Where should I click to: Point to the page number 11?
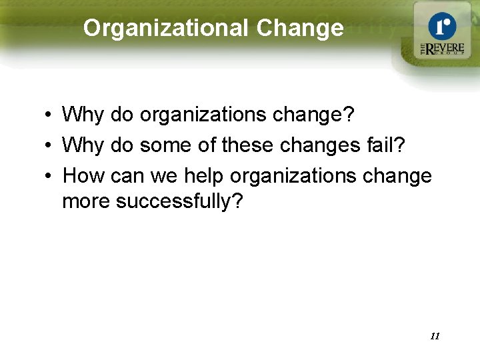click(435, 336)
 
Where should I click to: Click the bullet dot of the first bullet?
click(50, 115)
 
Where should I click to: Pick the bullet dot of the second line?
click(50, 146)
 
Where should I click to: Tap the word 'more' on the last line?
click(87, 201)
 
